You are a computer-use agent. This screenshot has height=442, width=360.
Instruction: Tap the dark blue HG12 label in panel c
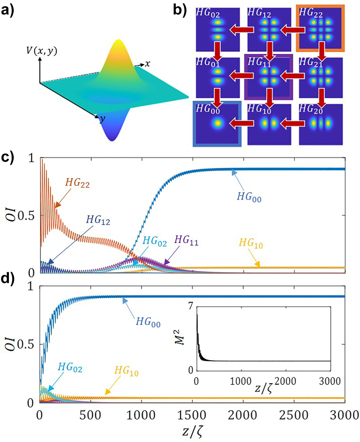tap(100, 219)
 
